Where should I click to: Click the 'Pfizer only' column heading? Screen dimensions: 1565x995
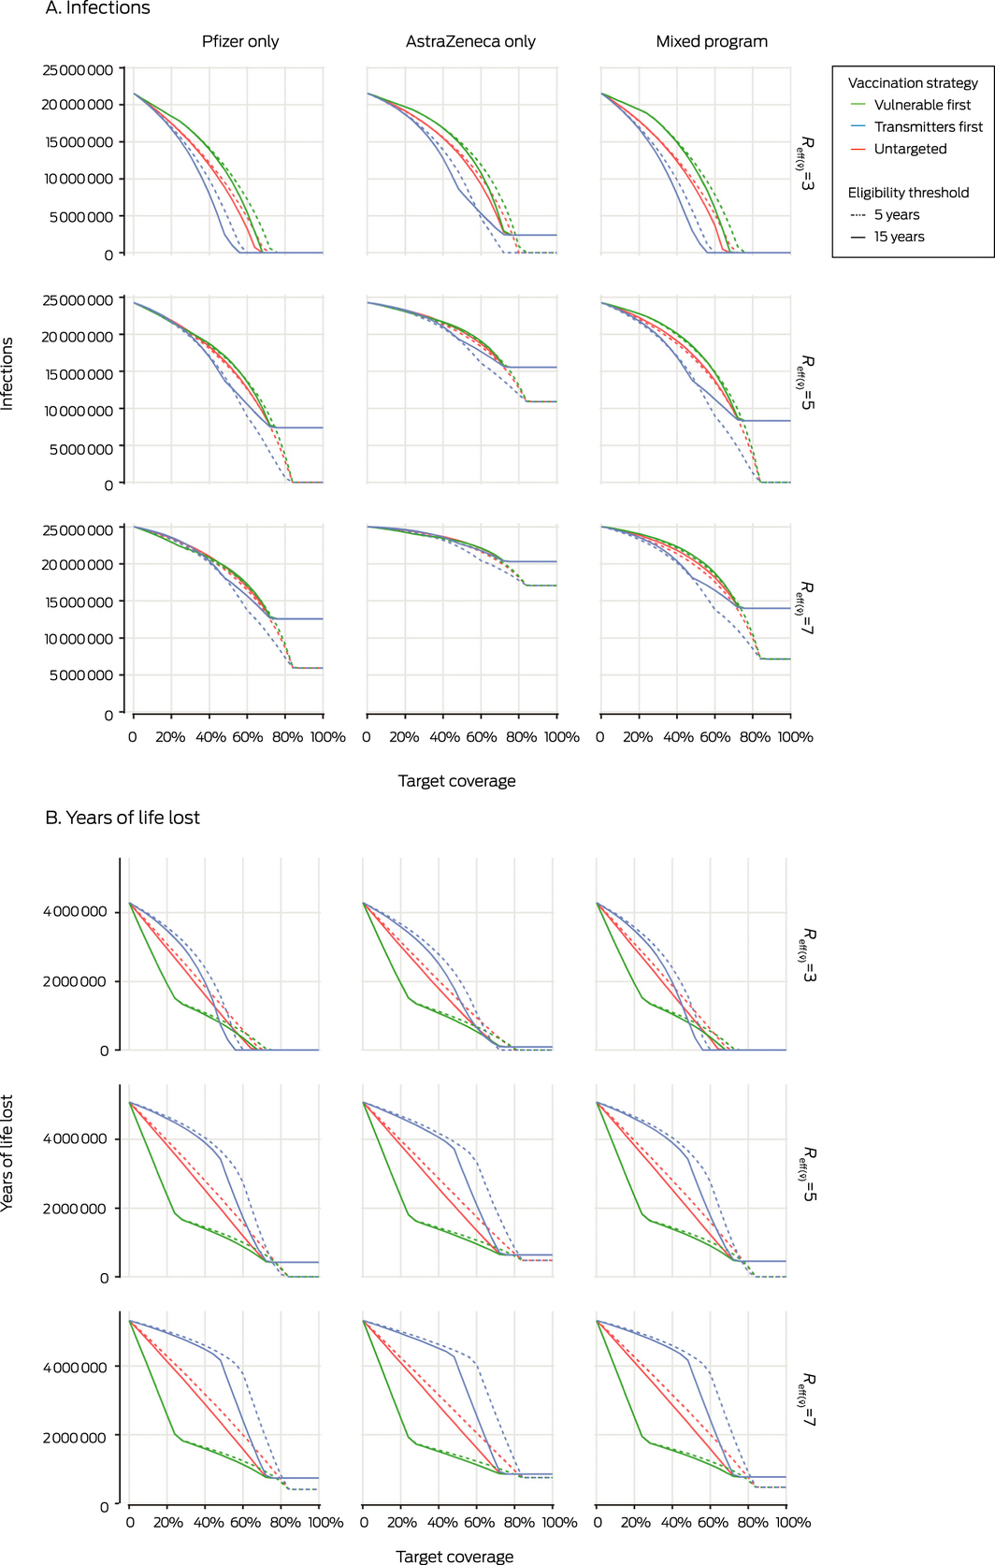pos(240,41)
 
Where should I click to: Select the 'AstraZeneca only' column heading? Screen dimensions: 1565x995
pos(470,41)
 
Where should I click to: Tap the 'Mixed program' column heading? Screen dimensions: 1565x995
pos(712,41)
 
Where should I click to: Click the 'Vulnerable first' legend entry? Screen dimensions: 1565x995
pos(922,105)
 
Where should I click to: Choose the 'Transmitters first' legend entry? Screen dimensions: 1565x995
pos(928,127)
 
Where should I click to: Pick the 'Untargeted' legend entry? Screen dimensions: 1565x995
pos(910,149)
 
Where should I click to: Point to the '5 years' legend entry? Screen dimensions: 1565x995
pos(896,214)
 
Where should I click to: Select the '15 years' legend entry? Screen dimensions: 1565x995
pos(899,237)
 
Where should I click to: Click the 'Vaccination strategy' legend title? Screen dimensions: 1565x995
pos(913,82)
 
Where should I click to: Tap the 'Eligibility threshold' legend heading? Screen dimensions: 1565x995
pos(908,193)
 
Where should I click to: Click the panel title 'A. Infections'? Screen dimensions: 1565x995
pos(97,8)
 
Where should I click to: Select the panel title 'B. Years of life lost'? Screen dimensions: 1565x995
pos(123,818)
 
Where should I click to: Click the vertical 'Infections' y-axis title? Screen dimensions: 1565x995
pos(7,373)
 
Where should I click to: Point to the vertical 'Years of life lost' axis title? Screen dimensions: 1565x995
pos(7,1152)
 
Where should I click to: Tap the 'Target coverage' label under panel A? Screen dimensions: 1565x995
pos(456,781)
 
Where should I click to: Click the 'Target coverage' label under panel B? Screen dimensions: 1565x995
pos(454,1556)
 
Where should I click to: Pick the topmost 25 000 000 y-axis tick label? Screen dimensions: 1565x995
pos(78,70)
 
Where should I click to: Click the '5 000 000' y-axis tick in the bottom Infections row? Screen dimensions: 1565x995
pos(81,675)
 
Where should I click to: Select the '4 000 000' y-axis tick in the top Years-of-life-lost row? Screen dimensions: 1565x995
pos(75,911)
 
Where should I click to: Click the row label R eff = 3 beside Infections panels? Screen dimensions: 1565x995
pos(805,165)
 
